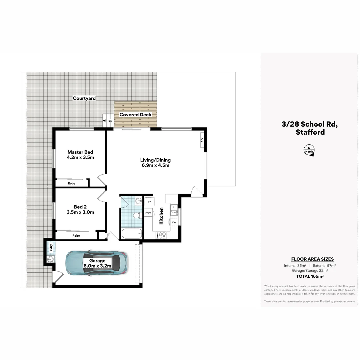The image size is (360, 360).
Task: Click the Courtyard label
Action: point(84,98)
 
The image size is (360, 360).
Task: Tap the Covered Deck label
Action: point(135,115)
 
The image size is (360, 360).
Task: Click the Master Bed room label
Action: point(80,152)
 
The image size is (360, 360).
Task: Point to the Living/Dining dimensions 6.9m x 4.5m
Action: point(155,165)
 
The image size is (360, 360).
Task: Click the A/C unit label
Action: point(202,140)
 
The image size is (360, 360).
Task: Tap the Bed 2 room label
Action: point(80,207)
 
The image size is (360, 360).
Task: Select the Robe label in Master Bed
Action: point(71,183)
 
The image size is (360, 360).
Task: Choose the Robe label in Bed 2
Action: point(76,235)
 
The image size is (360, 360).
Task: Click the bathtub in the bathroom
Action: point(132,234)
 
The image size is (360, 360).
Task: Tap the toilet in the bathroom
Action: point(137,215)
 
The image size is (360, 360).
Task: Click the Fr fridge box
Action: point(149,202)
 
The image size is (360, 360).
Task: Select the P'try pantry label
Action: point(148,213)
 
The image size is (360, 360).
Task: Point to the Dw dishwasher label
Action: point(174,222)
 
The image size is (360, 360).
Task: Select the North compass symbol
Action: point(309,150)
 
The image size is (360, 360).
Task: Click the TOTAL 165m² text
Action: point(310,276)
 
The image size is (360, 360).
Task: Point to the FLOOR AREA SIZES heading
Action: point(312,259)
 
